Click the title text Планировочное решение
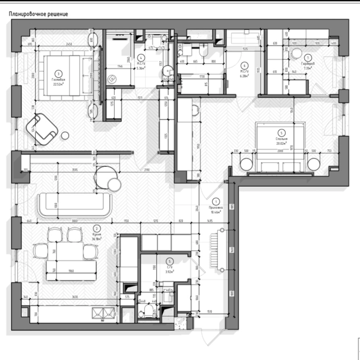tap(38, 14)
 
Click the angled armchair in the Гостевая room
tap(42, 128)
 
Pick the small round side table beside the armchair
tap(65, 135)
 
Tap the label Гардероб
tap(307, 64)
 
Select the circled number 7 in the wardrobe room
tap(308, 58)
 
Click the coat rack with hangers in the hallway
tap(220, 250)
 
